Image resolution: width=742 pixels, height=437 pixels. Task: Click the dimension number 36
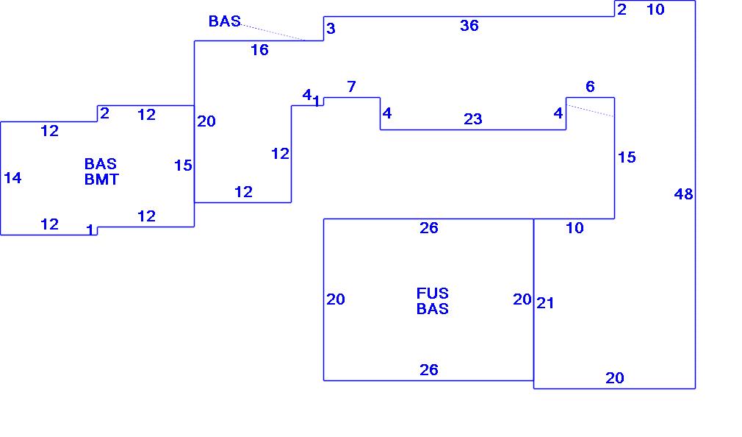[469, 26]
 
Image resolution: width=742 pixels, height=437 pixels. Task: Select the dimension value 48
[683, 194]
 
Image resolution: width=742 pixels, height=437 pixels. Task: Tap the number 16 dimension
[259, 50]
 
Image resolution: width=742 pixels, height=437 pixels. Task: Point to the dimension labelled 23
[472, 119]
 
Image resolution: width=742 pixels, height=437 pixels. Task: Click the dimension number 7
[351, 87]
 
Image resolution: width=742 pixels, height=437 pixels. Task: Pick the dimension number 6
[590, 87]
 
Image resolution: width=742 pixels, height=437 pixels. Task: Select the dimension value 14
[12, 178]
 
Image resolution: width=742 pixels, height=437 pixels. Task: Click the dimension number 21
[545, 302]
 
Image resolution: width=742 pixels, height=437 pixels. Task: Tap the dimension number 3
[331, 29]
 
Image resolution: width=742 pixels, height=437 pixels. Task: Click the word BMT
[101, 179]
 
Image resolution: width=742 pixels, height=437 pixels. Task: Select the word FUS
[432, 294]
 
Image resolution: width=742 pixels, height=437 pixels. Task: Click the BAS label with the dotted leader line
[224, 21]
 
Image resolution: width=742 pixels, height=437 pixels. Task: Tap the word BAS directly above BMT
[101, 163]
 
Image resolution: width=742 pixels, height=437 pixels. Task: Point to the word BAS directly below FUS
[432, 309]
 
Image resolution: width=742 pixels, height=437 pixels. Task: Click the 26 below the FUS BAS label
[429, 370]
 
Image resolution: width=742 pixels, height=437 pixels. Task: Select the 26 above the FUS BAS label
[429, 228]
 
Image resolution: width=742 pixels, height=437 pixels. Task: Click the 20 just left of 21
[522, 299]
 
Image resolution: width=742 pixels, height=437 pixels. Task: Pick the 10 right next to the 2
[655, 10]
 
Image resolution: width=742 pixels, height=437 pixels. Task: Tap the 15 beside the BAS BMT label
[183, 166]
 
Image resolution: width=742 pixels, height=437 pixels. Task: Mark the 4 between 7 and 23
[387, 113]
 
